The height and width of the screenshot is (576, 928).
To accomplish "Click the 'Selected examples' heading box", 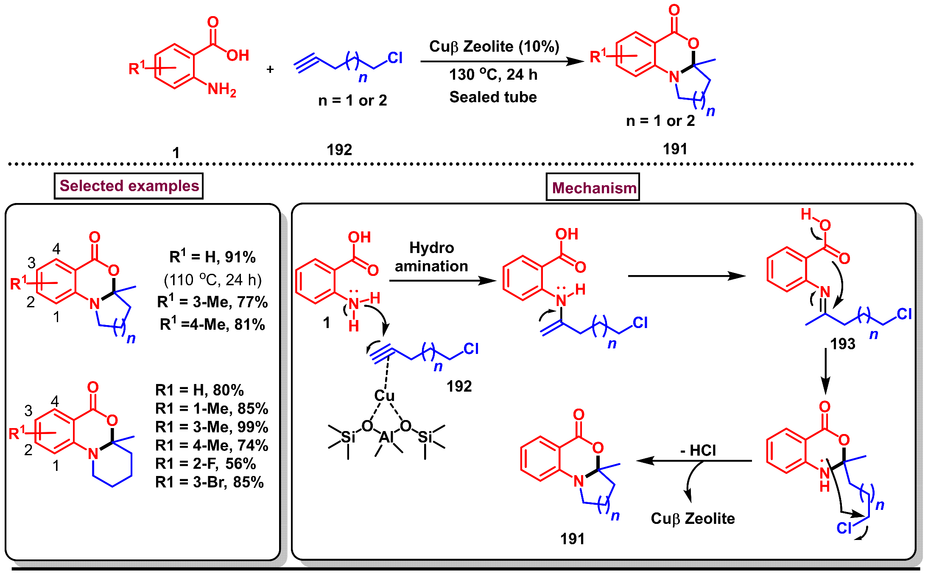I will pyautogui.click(x=129, y=186).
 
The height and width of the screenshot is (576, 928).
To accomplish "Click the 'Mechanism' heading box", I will pyautogui.click(x=593, y=187).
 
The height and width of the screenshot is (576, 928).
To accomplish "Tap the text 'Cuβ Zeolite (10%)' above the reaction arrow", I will pyautogui.click(x=494, y=46).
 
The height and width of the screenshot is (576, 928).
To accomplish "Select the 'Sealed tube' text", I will pyautogui.click(x=493, y=97).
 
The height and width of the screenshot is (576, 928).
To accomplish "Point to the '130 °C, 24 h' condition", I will pyautogui.click(x=493, y=75).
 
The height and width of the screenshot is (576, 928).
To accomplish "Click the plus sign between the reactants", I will pyautogui.click(x=270, y=69).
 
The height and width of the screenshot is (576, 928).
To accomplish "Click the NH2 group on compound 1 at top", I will pyautogui.click(x=221, y=89).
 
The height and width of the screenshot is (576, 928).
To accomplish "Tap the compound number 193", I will pyautogui.click(x=842, y=344).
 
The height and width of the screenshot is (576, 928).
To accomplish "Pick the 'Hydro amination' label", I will pyautogui.click(x=431, y=257).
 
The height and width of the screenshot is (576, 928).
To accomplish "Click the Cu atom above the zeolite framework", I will pyautogui.click(x=384, y=395).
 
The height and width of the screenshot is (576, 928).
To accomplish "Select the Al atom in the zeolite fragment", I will pyautogui.click(x=386, y=437).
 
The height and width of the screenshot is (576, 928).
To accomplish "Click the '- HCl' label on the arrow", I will pyautogui.click(x=698, y=450).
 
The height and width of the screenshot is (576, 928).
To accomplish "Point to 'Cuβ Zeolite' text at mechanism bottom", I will pyautogui.click(x=693, y=518).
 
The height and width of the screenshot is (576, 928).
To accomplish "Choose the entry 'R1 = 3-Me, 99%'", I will pyautogui.click(x=211, y=427).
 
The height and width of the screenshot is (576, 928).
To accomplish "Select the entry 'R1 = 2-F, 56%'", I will pyautogui.click(x=205, y=464).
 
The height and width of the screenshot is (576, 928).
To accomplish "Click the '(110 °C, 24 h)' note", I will pyautogui.click(x=212, y=280).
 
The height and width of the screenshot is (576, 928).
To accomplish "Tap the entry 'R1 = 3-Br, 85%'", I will pyautogui.click(x=209, y=482).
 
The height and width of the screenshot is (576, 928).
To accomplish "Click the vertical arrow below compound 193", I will pyautogui.click(x=825, y=371).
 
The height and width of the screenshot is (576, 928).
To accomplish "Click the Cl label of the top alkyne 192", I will pyautogui.click(x=394, y=58).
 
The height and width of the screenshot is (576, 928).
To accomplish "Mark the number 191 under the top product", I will pyautogui.click(x=675, y=149).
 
